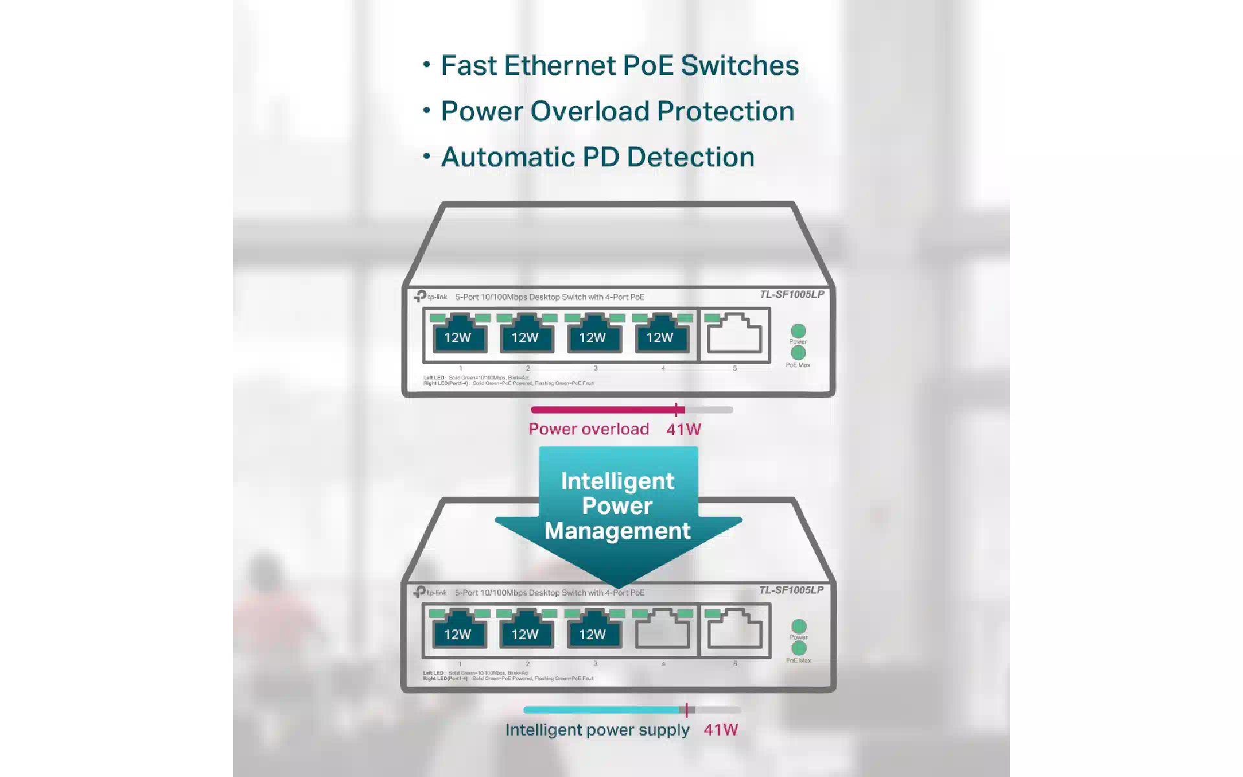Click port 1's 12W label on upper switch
(x=458, y=337)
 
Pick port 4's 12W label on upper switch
(x=660, y=337)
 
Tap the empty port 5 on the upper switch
(x=734, y=334)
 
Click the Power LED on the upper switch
(x=798, y=331)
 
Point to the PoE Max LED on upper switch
(x=798, y=353)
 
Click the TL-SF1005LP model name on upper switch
(x=792, y=295)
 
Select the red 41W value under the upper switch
(x=684, y=429)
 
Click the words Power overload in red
(x=588, y=429)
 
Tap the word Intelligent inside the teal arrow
(x=618, y=481)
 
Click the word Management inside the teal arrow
(x=618, y=531)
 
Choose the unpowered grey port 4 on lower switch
(x=662, y=630)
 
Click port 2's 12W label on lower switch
(x=525, y=635)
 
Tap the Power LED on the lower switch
(x=799, y=626)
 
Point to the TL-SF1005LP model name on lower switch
(x=791, y=590)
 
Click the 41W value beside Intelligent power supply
(x=721, y=730)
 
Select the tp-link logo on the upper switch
(x=431, y=297)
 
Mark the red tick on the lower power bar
(x=686, y=710)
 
